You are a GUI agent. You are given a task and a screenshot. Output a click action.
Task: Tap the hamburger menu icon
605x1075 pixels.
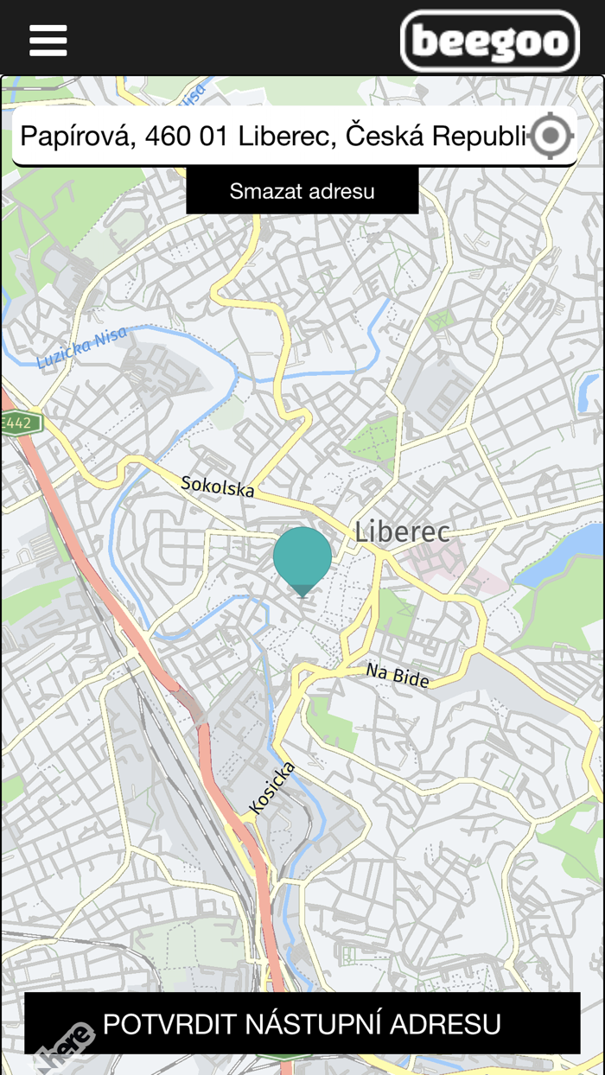coord(48,40)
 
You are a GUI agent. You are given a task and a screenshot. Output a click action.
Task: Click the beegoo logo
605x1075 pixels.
coord(490,41)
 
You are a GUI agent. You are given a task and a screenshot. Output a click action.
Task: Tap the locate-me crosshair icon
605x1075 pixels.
coord(551,136)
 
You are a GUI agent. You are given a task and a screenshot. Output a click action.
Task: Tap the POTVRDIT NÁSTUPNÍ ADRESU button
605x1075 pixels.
coord(302,1023)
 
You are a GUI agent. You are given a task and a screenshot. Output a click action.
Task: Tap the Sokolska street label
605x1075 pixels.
coord(218,486)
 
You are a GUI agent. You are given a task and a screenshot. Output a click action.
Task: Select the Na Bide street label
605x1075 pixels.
coord(398,675)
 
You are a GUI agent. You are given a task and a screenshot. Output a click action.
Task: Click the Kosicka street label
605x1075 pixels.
coord(272,787)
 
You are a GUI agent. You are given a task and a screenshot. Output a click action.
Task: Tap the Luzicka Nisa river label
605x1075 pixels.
coord(82,347)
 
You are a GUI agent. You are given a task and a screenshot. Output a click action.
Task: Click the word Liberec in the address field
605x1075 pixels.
coord(284,136)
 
